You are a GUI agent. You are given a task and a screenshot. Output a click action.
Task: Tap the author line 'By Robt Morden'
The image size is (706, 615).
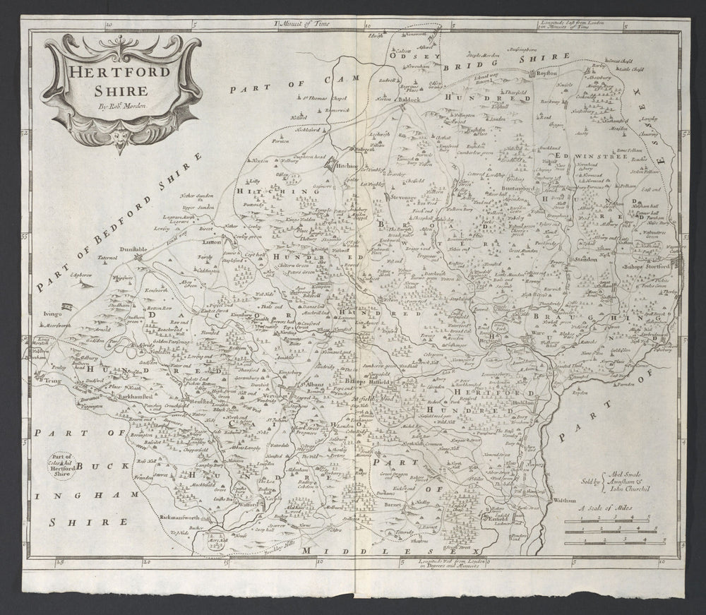pos(118,105)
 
